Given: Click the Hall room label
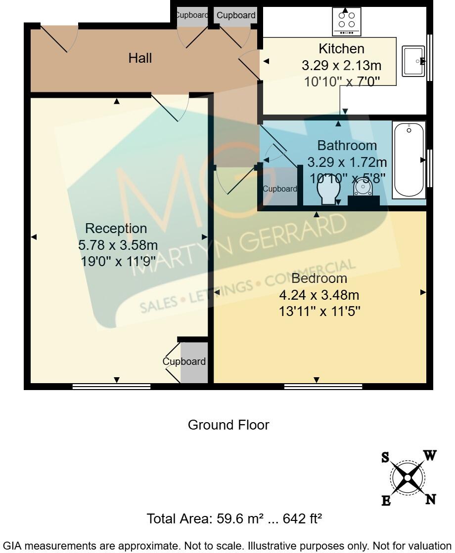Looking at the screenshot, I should [140, 58].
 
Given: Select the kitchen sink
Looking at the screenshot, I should [413, 61].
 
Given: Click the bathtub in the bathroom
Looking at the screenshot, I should [409, 160].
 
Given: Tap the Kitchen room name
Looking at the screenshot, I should [341, 49].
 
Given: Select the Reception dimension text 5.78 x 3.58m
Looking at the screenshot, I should [118, 245].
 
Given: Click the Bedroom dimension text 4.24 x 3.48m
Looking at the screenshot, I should [319, 295].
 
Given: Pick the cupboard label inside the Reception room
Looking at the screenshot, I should [184, 361].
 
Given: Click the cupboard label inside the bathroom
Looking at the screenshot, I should [279, 189].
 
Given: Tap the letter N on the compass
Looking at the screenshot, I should [431, 499].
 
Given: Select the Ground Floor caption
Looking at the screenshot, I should [228, 425].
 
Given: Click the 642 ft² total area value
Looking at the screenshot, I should [302, 519].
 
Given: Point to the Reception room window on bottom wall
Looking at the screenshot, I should [111, 387].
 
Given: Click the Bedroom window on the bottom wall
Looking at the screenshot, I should [323, 387].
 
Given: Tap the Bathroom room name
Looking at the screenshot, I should [347, 146].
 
